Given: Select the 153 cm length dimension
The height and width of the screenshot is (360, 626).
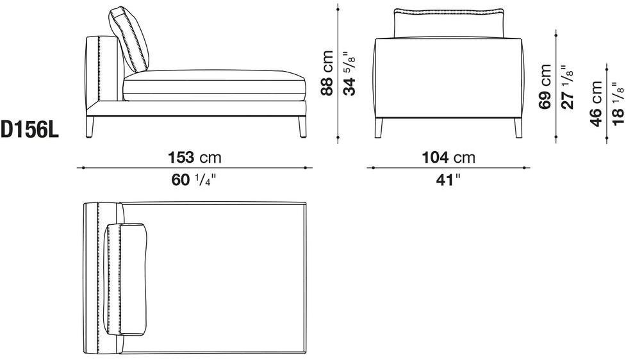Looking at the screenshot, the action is click(x=194, y=157).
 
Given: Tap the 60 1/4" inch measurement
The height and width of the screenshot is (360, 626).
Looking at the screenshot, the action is click(x=194, y=180).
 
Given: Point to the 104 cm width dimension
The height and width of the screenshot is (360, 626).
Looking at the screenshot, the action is click(x=449, y=157).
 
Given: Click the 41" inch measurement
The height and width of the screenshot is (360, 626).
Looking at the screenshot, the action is click(x=448, y=180).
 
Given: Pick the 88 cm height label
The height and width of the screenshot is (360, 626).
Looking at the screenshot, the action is click(x=327, y=72).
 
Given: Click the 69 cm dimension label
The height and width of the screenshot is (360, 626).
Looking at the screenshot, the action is click(x=545, y=86).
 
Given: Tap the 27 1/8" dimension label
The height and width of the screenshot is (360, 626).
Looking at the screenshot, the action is click(x=567, y=87).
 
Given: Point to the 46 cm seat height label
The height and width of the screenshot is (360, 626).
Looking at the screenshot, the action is click(x=596, y=104).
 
